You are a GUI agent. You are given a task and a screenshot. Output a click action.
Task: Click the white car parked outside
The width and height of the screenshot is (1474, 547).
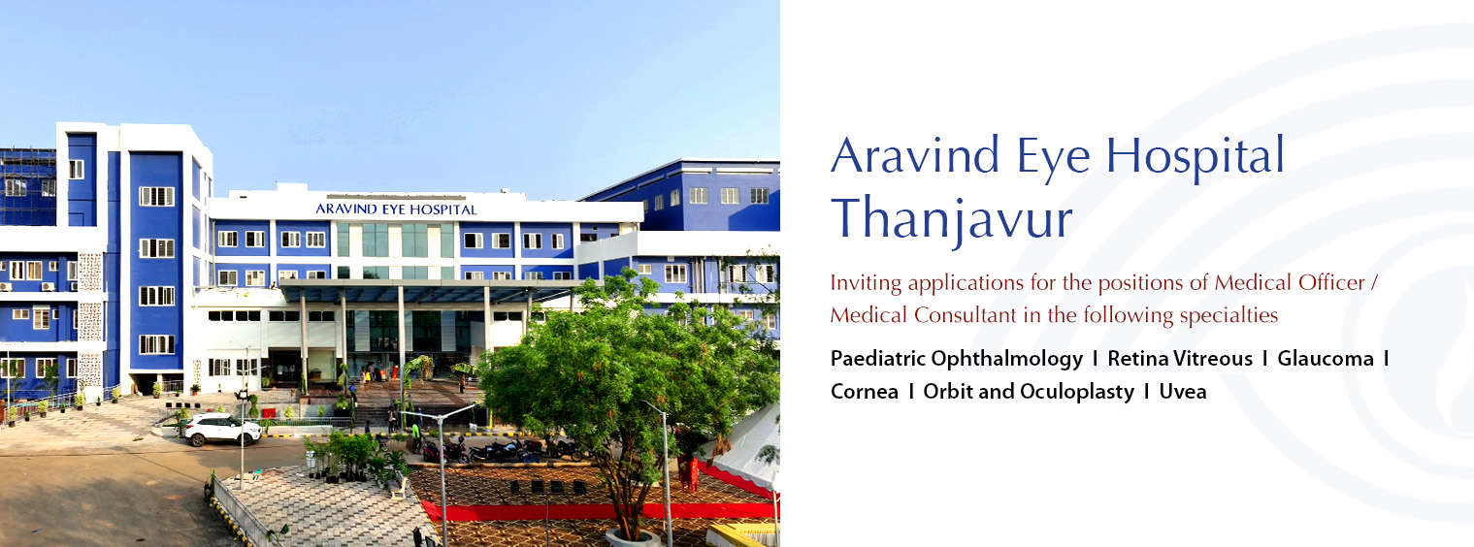coord(222,430)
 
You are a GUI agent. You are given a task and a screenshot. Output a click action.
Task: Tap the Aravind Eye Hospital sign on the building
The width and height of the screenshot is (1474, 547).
coord(396,209)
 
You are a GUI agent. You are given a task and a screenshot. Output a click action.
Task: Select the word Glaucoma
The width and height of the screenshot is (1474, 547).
coord(1326,358)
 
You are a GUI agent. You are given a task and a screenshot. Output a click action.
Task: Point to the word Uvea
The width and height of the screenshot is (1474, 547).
coord(1183,391)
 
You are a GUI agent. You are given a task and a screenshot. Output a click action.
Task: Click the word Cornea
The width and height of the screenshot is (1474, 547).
coord(864,391)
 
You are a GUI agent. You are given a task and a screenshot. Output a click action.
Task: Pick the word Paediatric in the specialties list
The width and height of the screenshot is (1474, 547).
coord(877,358)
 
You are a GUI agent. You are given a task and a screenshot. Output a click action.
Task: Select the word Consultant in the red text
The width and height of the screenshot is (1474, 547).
coord(964,315)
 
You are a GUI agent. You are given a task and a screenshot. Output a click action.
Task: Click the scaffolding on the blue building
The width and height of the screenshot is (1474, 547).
coord(28,187)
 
